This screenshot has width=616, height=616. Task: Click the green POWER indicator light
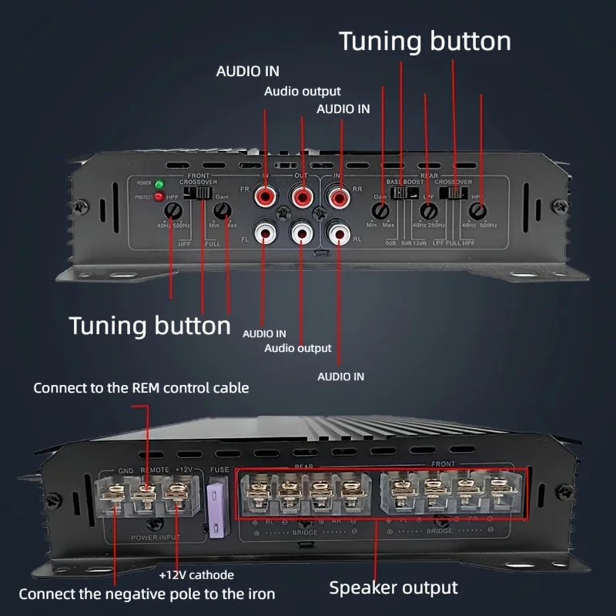(159, 184)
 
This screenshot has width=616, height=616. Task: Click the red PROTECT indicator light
(159, 197)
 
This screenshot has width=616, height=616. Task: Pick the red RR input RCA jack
(337, 198)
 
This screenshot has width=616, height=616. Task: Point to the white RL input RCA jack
(337, 231)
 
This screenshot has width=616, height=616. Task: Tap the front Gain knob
(222, 208)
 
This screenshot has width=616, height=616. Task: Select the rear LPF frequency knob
(429, 209)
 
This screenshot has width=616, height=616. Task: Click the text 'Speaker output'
(393, 588)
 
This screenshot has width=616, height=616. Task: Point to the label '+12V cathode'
(196, 574)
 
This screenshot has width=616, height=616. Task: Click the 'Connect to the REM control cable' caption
(141, 387)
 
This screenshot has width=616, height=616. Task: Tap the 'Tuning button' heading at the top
(424, 41)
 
